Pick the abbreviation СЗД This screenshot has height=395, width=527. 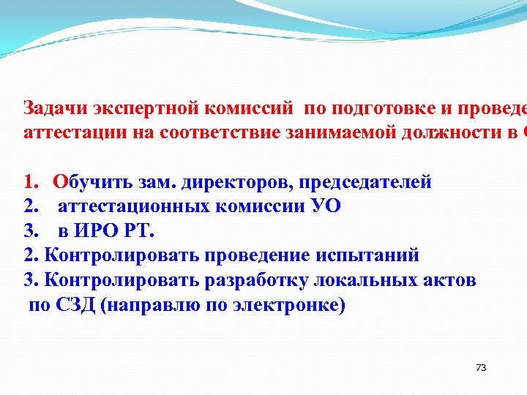tap(76, 304)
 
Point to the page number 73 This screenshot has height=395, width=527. tap(481, 367)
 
